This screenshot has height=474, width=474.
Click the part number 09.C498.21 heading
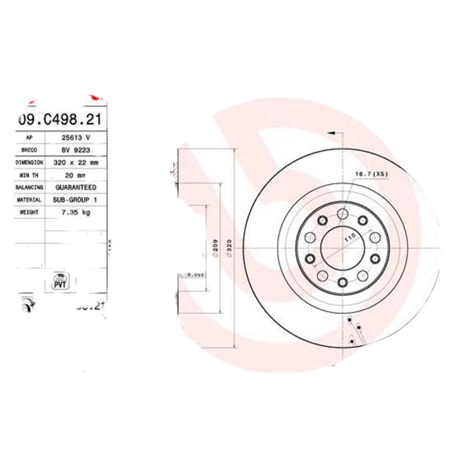59,120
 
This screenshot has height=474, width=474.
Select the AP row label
29,137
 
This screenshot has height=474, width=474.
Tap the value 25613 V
75,137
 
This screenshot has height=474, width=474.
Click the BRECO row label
29,149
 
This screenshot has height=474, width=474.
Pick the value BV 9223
75,149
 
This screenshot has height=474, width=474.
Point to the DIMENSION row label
29,162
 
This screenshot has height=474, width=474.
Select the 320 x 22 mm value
75,162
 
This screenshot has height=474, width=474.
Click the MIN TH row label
29,175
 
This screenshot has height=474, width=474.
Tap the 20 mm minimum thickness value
75,175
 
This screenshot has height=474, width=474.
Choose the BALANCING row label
29,187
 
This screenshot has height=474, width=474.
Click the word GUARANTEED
75,187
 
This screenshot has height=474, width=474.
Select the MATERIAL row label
29,200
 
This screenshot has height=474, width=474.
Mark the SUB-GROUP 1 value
75,200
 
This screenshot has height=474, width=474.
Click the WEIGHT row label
29,212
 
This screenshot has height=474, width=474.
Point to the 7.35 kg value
75,212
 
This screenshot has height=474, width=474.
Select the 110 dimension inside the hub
350,238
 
